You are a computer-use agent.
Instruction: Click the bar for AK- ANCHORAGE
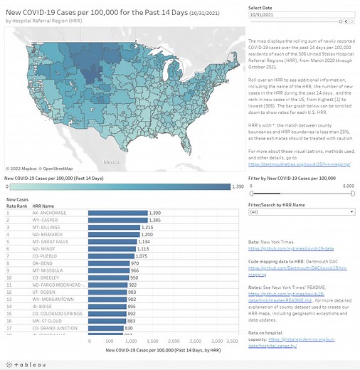[117, 213]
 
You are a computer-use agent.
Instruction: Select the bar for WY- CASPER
[117, 221]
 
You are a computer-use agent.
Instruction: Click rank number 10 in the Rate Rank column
[8, 277]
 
